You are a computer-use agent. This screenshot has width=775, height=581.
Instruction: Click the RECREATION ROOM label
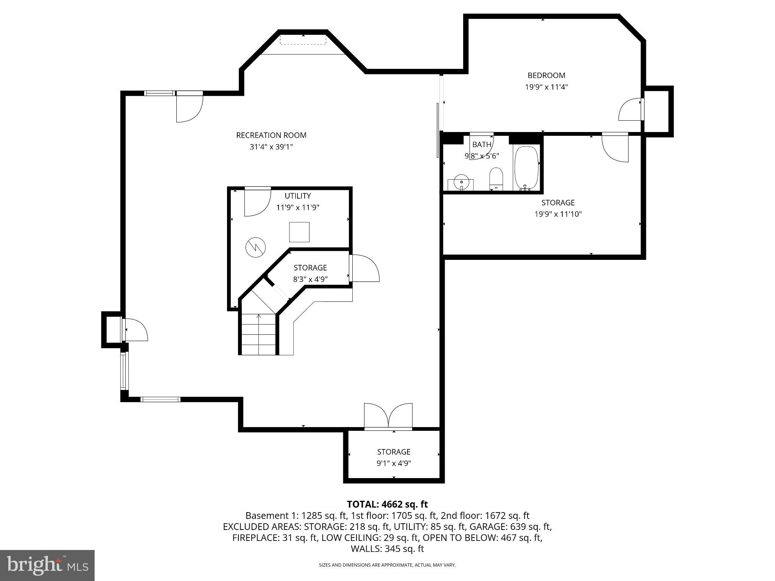click(x=271, y=135)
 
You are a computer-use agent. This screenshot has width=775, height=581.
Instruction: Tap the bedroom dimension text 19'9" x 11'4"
click(x=546, y=87)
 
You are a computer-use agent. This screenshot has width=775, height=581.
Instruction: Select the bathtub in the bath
click(x=526, y=167)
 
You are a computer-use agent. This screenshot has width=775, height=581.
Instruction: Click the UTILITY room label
click(x=298, y=196)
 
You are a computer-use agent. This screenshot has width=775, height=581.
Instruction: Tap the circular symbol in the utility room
click(x=255, y=248)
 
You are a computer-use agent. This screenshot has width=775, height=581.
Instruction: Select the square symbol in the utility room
click(x=299, y=232)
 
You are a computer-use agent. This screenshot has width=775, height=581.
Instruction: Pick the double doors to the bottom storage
click(x=388, y=416)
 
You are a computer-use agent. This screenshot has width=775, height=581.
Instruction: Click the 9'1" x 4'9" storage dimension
click(x=394, y=463)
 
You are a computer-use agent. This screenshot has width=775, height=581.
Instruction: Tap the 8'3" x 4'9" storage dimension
click(x=310, y=279)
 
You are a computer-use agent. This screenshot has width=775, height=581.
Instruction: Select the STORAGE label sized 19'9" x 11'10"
click(x=558, y=202)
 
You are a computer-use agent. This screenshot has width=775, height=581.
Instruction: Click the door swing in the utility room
click(x=257, y=202)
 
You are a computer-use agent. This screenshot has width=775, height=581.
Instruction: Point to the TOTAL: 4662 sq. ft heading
click(x=387, y=504)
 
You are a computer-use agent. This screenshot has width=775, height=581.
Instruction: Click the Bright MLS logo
click(x=47, y=565)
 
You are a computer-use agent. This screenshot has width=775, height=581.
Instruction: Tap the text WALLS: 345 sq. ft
click(x=387, y=548)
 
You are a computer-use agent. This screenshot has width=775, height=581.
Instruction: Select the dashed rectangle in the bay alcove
click(x=303, y=39)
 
